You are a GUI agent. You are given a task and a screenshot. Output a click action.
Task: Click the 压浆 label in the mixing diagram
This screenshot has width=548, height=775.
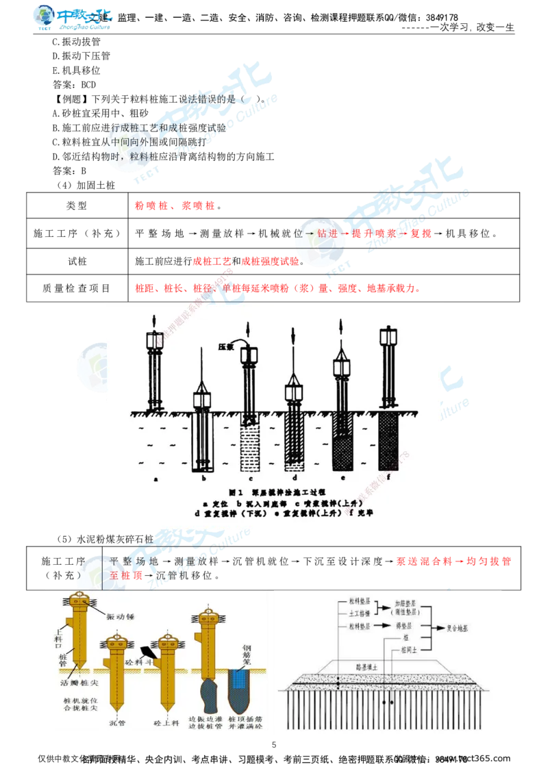click(x=227, y=346)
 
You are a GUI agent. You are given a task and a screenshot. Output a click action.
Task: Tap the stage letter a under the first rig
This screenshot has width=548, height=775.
click(x=156, y=479)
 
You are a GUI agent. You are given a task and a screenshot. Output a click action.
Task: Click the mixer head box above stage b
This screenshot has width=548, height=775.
click(x=203, y=400)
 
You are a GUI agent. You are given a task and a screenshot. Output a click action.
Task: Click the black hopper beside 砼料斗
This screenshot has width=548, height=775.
click(x=147, y=650)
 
